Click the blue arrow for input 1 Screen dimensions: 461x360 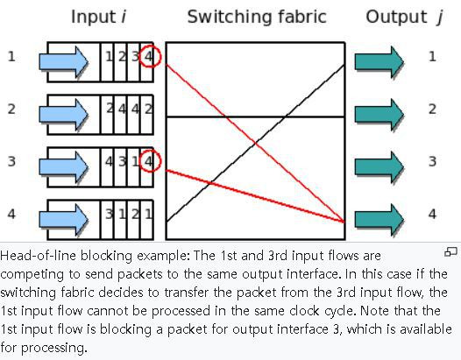(x=63, y=62)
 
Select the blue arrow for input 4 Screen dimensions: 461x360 (x=63, y=220)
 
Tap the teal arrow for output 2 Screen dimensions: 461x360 (x=379, y=115)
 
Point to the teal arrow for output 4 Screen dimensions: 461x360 (x=379, y=220)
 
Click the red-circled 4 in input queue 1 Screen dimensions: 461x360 (x=149, y=56)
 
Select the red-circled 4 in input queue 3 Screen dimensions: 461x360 (x=149, y=161)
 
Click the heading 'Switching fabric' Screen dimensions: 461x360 (x=257, y=17)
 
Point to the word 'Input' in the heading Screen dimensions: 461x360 (x=93, y=18)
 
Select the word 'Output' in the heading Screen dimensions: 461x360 (x=396, y=18)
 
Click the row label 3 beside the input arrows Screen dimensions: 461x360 (x=11, y=161)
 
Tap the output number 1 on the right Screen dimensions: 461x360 (x=432, y=56)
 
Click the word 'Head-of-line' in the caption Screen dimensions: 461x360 (x=38, y=256)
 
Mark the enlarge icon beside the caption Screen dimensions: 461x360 (x=450, y=252)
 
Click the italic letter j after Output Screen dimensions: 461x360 (x=440, y=18)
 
